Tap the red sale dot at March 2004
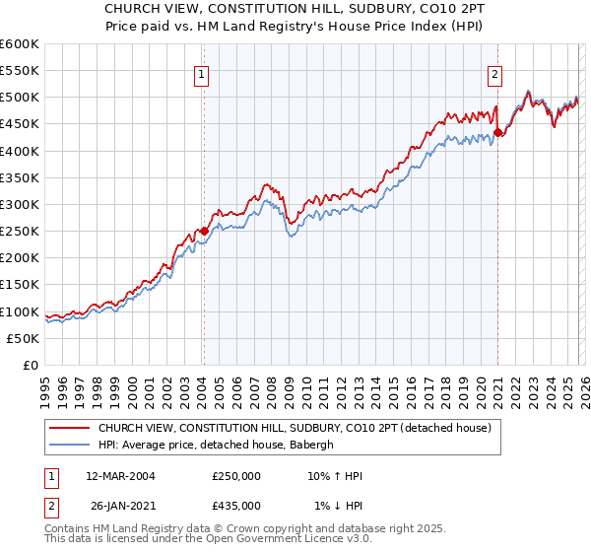(x=204, y=231)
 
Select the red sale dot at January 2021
(x=497, y=132)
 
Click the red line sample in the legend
(x=69, y=428)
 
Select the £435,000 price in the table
(x=236, y=505)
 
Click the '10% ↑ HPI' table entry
(x=336, y=476)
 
